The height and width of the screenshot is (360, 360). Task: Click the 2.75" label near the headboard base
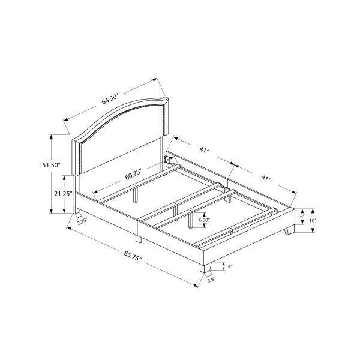point(83,222)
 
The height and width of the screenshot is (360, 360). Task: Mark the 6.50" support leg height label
point(204,220)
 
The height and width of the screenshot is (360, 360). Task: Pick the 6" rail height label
point(303,216)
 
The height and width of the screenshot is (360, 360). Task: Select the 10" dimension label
point(313,221)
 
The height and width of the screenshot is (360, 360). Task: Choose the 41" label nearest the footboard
point(265,179)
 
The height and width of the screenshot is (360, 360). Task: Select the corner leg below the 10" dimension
point(290,230)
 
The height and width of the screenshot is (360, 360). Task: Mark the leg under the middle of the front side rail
point(137,238)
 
